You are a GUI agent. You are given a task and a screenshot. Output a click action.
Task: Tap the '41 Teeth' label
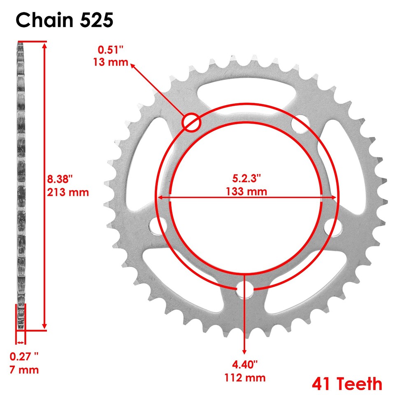tap(347, 383)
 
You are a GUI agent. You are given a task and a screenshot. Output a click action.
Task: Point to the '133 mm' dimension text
tap(246, 191)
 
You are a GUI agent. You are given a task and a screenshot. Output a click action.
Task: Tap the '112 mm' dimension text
tap(245, 378)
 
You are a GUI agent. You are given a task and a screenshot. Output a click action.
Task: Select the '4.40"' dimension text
tap(245, 365)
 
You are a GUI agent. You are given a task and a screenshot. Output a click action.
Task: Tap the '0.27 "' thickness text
tap(25, 356)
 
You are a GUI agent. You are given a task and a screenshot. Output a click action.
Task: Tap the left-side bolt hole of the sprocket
tap(156, 226)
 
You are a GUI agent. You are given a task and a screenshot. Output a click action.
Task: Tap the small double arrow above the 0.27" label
tap(20, 342)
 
